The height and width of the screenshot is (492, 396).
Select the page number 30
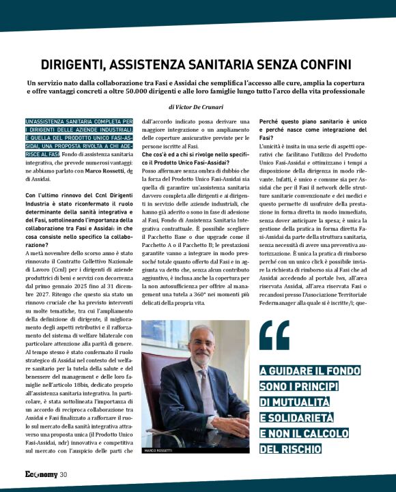(63, 475)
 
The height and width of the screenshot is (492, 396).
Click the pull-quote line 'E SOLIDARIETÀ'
(298, 417)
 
